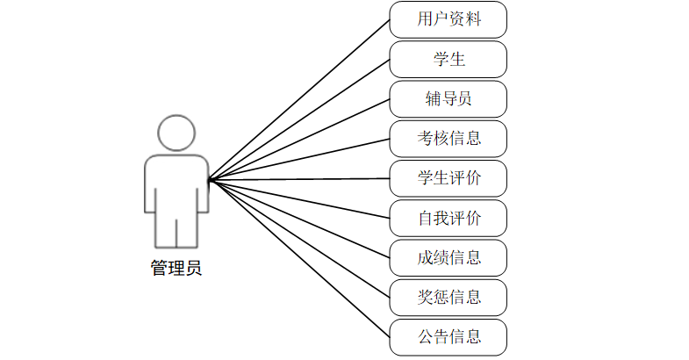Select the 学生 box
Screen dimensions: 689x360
click(449, 60)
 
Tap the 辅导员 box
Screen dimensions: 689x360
click(449, 99)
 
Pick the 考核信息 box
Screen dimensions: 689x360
click(449, 139)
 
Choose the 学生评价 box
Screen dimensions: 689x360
click(449, 178)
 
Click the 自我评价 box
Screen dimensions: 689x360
click(449, 218)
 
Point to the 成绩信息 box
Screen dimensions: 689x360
click(449, 258)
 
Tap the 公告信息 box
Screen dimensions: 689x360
click(449, 337)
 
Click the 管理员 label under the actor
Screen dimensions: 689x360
click(176, 269)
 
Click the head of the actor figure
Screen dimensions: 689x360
click(176, 133)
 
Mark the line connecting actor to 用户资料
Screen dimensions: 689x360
click(298, 99)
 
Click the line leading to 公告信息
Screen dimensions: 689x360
click(298, 258)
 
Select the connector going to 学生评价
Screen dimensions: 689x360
click(298, 179)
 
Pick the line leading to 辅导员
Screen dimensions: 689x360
click(298, 140)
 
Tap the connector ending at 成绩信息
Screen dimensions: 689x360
click(298, 219)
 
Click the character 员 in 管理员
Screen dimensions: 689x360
click(193, 269)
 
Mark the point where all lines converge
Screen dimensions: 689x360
click(209, 180)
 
